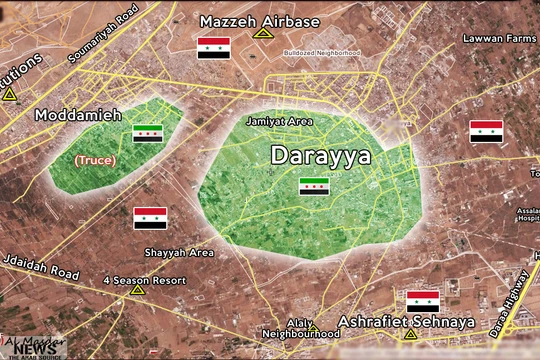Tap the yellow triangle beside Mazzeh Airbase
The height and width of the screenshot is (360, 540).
click(263, 33)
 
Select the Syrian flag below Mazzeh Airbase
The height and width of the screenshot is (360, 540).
click(213, 48)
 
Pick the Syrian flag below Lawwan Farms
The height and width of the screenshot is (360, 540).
click(486, 132)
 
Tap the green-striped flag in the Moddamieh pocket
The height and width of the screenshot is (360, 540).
click(148, 134)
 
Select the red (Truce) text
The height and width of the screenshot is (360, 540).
click(95, 159)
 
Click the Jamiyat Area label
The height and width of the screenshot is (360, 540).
click(279, 120)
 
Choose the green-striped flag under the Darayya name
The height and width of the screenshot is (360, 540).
click(314, 186)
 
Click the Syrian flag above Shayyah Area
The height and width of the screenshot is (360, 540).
click(150, 218)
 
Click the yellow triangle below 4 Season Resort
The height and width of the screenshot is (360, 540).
click(137, 291)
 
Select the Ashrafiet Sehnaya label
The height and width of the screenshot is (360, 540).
click(392, 321)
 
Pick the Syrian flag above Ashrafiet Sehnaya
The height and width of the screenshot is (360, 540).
click(422, 301)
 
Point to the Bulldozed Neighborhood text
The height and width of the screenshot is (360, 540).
click(321, 53)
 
